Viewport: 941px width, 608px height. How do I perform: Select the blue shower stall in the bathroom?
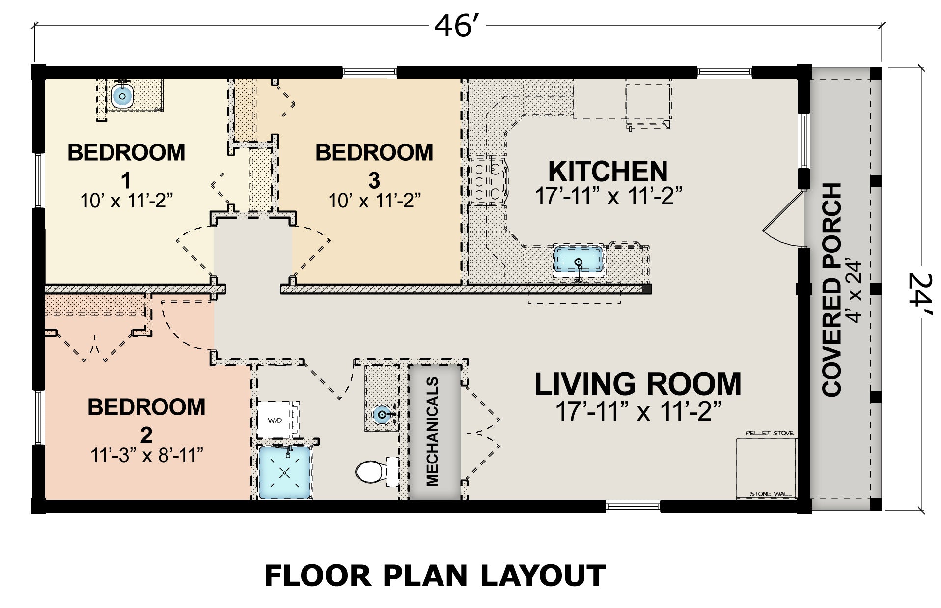pos(285,472)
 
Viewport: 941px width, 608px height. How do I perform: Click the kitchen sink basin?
pos(579,260)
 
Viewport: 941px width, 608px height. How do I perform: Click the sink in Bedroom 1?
pos(122,95)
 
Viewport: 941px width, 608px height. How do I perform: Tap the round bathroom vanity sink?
pos(382,415)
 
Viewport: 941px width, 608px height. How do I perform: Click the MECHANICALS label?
pos(432,431)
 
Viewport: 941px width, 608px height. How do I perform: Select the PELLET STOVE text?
pos(769,433)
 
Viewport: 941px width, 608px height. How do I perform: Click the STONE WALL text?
pos(771,493)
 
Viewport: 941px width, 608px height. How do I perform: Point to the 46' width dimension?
pos(456,26)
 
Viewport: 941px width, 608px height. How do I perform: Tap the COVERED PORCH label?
pos(832,290)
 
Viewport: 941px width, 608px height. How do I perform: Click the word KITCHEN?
pos(608,171)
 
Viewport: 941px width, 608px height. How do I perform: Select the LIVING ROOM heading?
pos(638,384)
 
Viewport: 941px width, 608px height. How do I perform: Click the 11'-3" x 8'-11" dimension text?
pos(146,455)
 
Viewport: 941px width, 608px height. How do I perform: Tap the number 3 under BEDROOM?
pos(374,180)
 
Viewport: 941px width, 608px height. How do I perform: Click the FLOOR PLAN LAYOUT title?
pos(435,576)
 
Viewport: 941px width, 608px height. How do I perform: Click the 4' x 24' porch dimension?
pos(855,291)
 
